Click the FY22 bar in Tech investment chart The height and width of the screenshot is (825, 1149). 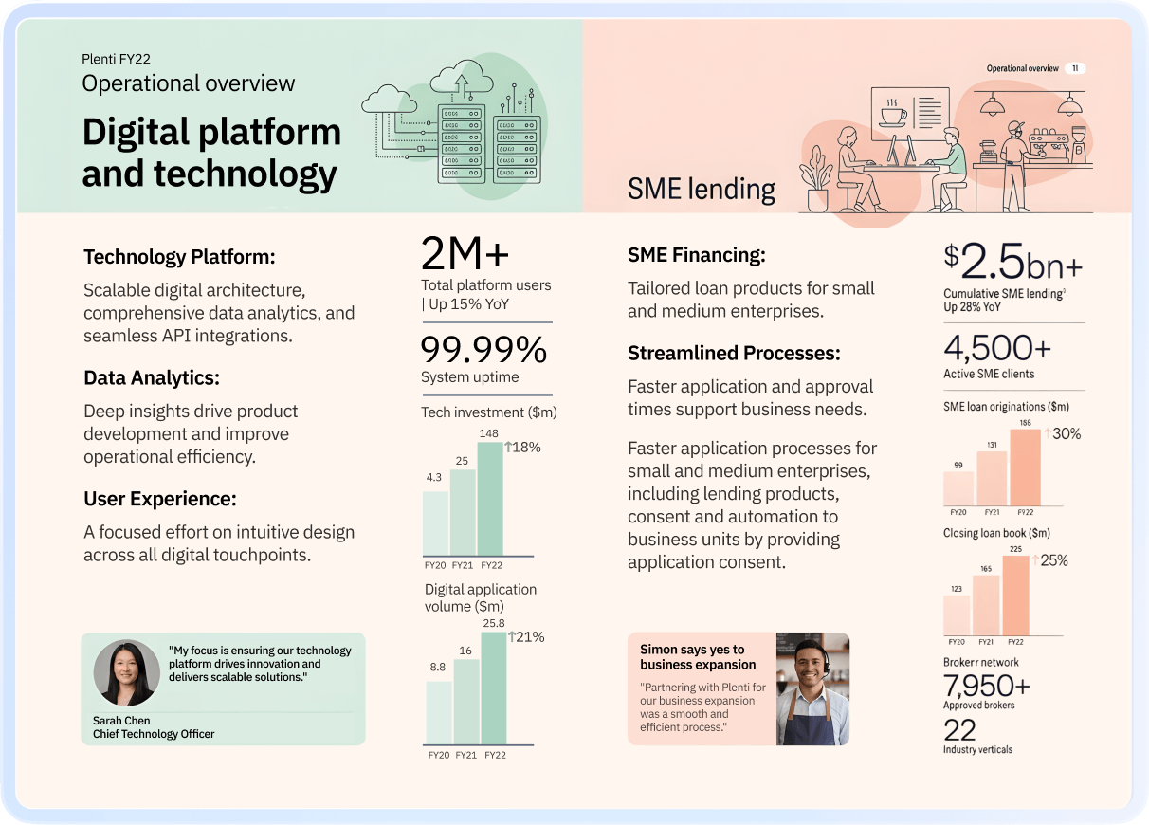tap(490, 499)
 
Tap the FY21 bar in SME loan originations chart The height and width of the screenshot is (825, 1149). tap(991, 478)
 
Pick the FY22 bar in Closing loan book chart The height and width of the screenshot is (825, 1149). tap(1015, 595)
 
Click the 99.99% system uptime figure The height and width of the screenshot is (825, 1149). tap(483, 351)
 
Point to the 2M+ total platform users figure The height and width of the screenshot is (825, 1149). tap(465, 254)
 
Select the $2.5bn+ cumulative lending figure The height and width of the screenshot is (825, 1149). tap(1012, 261)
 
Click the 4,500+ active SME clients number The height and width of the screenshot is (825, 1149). tap(997, 348)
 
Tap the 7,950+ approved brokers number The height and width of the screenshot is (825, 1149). tap(987, 685)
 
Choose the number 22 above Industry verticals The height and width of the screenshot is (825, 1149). tap(959, 730)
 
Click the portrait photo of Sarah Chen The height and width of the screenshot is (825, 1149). tap(126, 671)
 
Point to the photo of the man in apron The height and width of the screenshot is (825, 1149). tap(812, 689)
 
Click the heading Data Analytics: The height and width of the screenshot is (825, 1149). tap(152, 377)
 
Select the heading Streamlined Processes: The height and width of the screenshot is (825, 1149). tap(734, 354)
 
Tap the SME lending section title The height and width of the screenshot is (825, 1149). tap(702, 190)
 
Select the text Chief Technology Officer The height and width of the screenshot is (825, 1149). tap(154, 734)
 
